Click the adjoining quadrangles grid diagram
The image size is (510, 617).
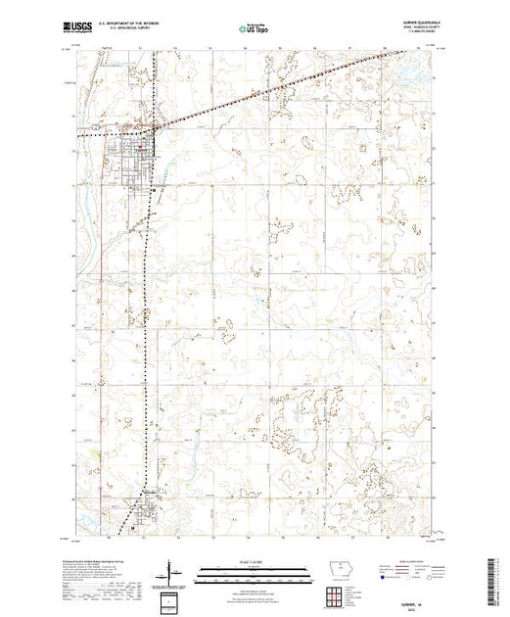coord(334,594)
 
